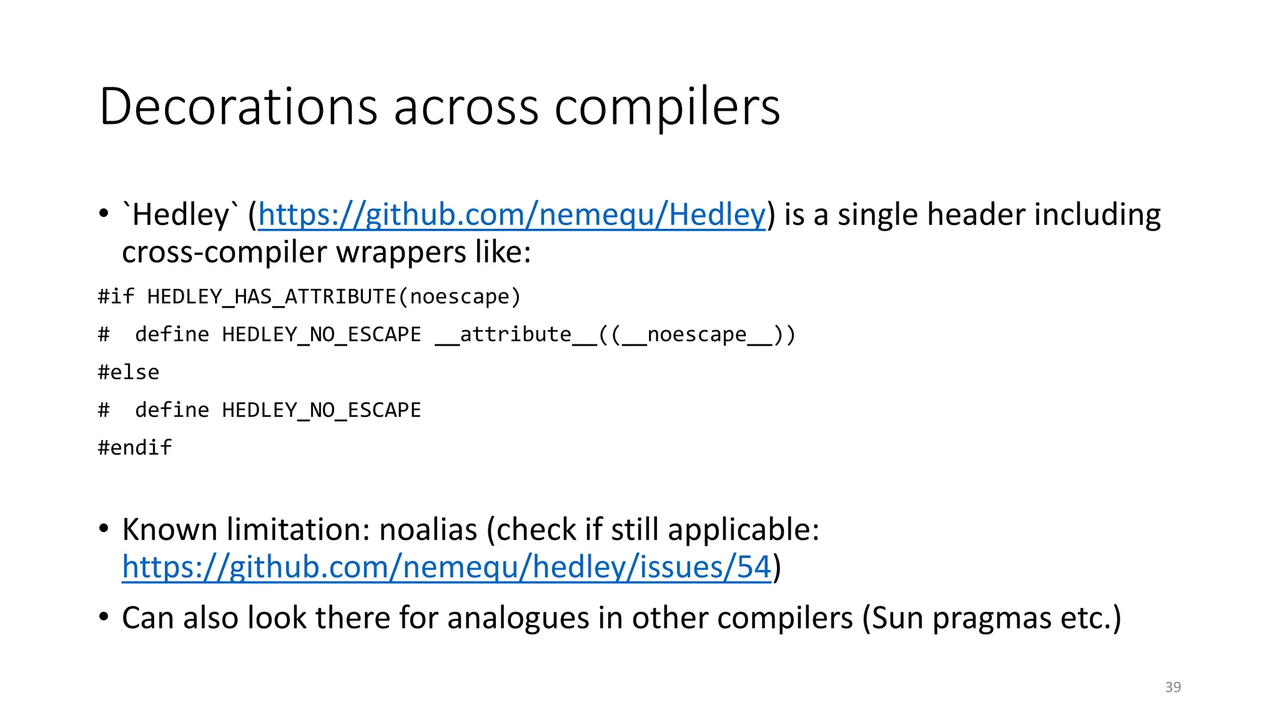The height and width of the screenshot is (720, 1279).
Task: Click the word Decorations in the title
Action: point(238,106)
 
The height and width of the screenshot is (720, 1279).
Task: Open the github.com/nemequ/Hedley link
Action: point(511,214)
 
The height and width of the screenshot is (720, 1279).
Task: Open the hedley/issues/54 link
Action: point(447,567)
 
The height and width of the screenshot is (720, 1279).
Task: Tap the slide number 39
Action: point(1173,687)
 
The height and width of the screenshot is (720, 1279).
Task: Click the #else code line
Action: point(129,372)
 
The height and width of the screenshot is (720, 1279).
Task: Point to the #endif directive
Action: point(135,447)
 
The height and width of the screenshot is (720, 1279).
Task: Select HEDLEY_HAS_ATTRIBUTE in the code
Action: point(272,296)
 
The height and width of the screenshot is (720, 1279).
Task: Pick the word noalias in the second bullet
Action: point(428,529)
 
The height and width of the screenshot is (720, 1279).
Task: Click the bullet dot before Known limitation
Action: point(104,529)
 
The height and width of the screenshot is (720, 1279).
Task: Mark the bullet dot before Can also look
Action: point(104,617)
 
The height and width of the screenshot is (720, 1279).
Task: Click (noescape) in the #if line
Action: point(460,296)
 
